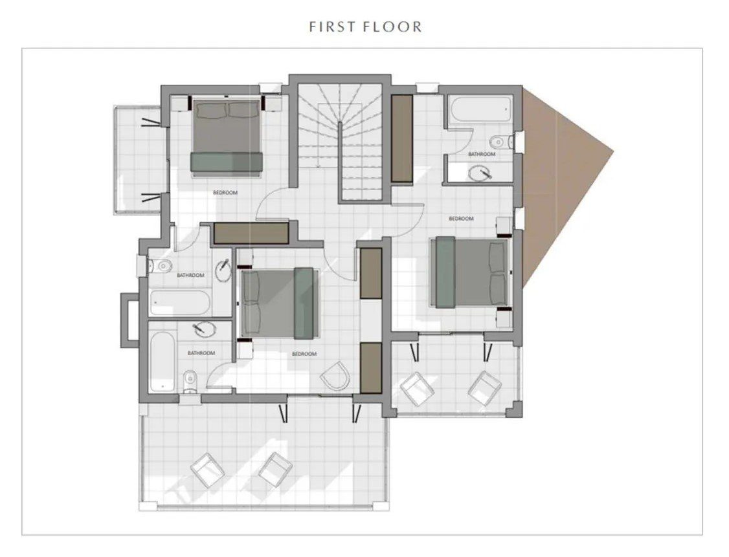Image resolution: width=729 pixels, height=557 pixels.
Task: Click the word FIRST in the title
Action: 332,27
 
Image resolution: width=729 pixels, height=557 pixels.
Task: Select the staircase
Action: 340,141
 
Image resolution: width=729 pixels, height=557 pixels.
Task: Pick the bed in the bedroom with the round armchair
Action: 280,302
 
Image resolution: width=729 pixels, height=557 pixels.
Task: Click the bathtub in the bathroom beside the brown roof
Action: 480,109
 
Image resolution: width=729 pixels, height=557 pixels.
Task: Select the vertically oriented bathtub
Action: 163,361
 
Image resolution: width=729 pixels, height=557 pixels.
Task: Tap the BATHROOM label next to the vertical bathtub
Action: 201,353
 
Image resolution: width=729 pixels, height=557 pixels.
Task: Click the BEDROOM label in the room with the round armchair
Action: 304,354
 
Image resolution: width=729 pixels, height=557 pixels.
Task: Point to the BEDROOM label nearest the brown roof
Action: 461,219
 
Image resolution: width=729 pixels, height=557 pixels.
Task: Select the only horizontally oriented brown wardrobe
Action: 251,233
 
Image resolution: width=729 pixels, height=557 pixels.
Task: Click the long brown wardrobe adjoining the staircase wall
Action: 402,138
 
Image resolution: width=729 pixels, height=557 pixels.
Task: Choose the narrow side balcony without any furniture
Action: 138,160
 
